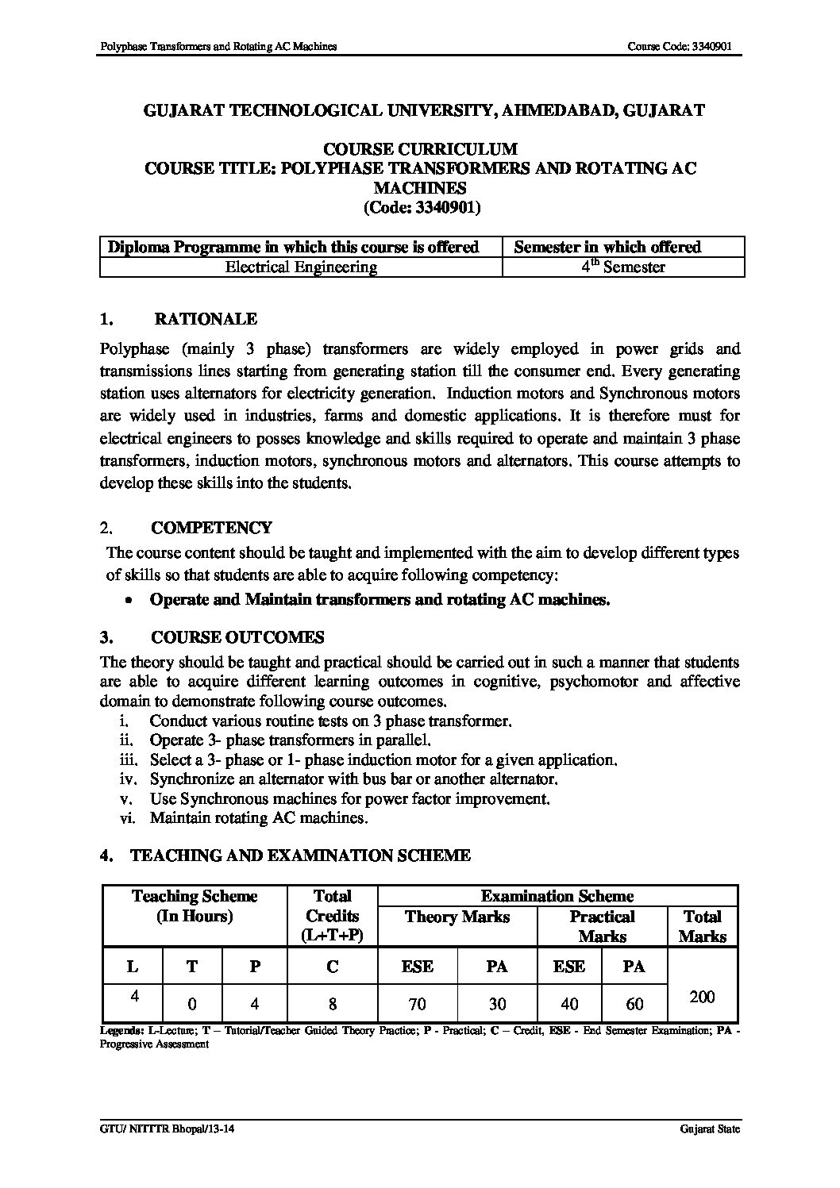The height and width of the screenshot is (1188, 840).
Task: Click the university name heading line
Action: point(423,111)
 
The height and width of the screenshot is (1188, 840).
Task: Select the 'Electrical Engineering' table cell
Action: point(301,267)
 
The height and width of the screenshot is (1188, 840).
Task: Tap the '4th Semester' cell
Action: point(622,267)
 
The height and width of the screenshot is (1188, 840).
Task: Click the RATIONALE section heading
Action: point(205,320)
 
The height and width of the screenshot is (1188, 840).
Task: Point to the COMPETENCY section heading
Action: point(211,528)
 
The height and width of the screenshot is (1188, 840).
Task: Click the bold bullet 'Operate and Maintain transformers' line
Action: point(380,600)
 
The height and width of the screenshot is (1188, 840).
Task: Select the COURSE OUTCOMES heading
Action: point(237,638)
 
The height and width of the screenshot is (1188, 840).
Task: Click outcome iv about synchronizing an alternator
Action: point(353,779)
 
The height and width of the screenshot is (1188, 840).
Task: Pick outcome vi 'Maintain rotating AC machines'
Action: point(258,817)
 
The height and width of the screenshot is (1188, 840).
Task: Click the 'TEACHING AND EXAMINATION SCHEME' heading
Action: point(300,855)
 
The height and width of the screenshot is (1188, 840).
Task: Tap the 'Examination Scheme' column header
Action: point(557,897)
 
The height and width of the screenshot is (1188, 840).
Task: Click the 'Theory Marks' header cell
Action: point(457,917)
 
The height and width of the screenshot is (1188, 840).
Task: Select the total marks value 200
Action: point(703,997)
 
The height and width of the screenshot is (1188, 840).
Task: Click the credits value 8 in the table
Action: point(332,1004)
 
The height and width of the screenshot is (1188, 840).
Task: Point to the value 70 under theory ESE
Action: point(417,1004)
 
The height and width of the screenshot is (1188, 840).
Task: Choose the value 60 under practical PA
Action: point(634,1004)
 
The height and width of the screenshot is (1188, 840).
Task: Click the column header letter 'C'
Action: point(332,967)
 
